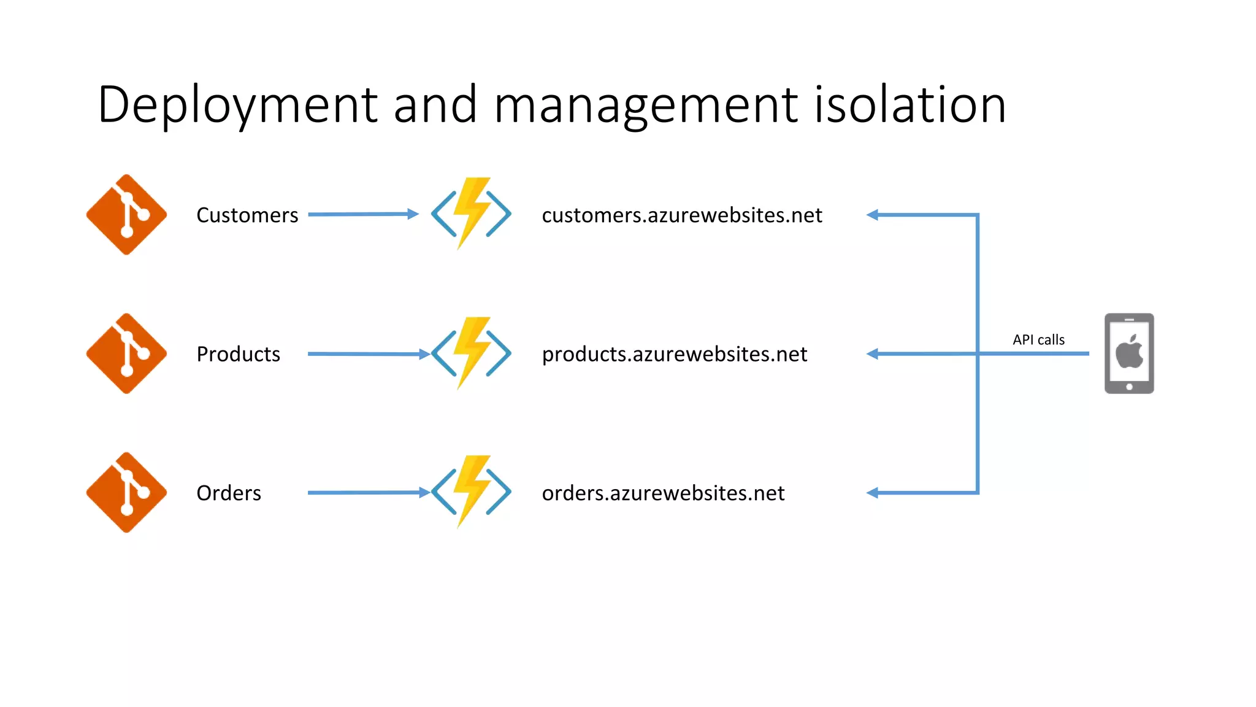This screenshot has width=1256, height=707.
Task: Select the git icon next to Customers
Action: click(126, 215)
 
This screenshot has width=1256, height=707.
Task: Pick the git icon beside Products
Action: click(126, 353)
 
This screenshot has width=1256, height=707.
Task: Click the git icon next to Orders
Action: click(126, 493)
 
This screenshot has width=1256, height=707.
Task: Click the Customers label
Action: click(247, 215)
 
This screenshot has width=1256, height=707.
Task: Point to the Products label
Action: click(238, 354)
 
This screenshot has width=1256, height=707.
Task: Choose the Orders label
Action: click(229, 493)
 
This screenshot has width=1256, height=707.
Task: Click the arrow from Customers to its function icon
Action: click(362, 214)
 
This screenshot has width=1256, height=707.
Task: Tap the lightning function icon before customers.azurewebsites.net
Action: click(471, 214)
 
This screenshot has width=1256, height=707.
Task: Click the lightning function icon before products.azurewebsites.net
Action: click(471, 353)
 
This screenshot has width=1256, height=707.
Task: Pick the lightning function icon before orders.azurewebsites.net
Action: click(471, 492)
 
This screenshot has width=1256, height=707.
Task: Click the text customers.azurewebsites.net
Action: click(681, 215)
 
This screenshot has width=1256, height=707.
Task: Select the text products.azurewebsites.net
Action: click(674, 354)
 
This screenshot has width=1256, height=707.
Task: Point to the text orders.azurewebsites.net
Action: click(663, 493)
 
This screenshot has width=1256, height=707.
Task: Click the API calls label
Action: click(1038, 339)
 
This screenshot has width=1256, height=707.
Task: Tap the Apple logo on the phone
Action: click(1129, 352)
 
